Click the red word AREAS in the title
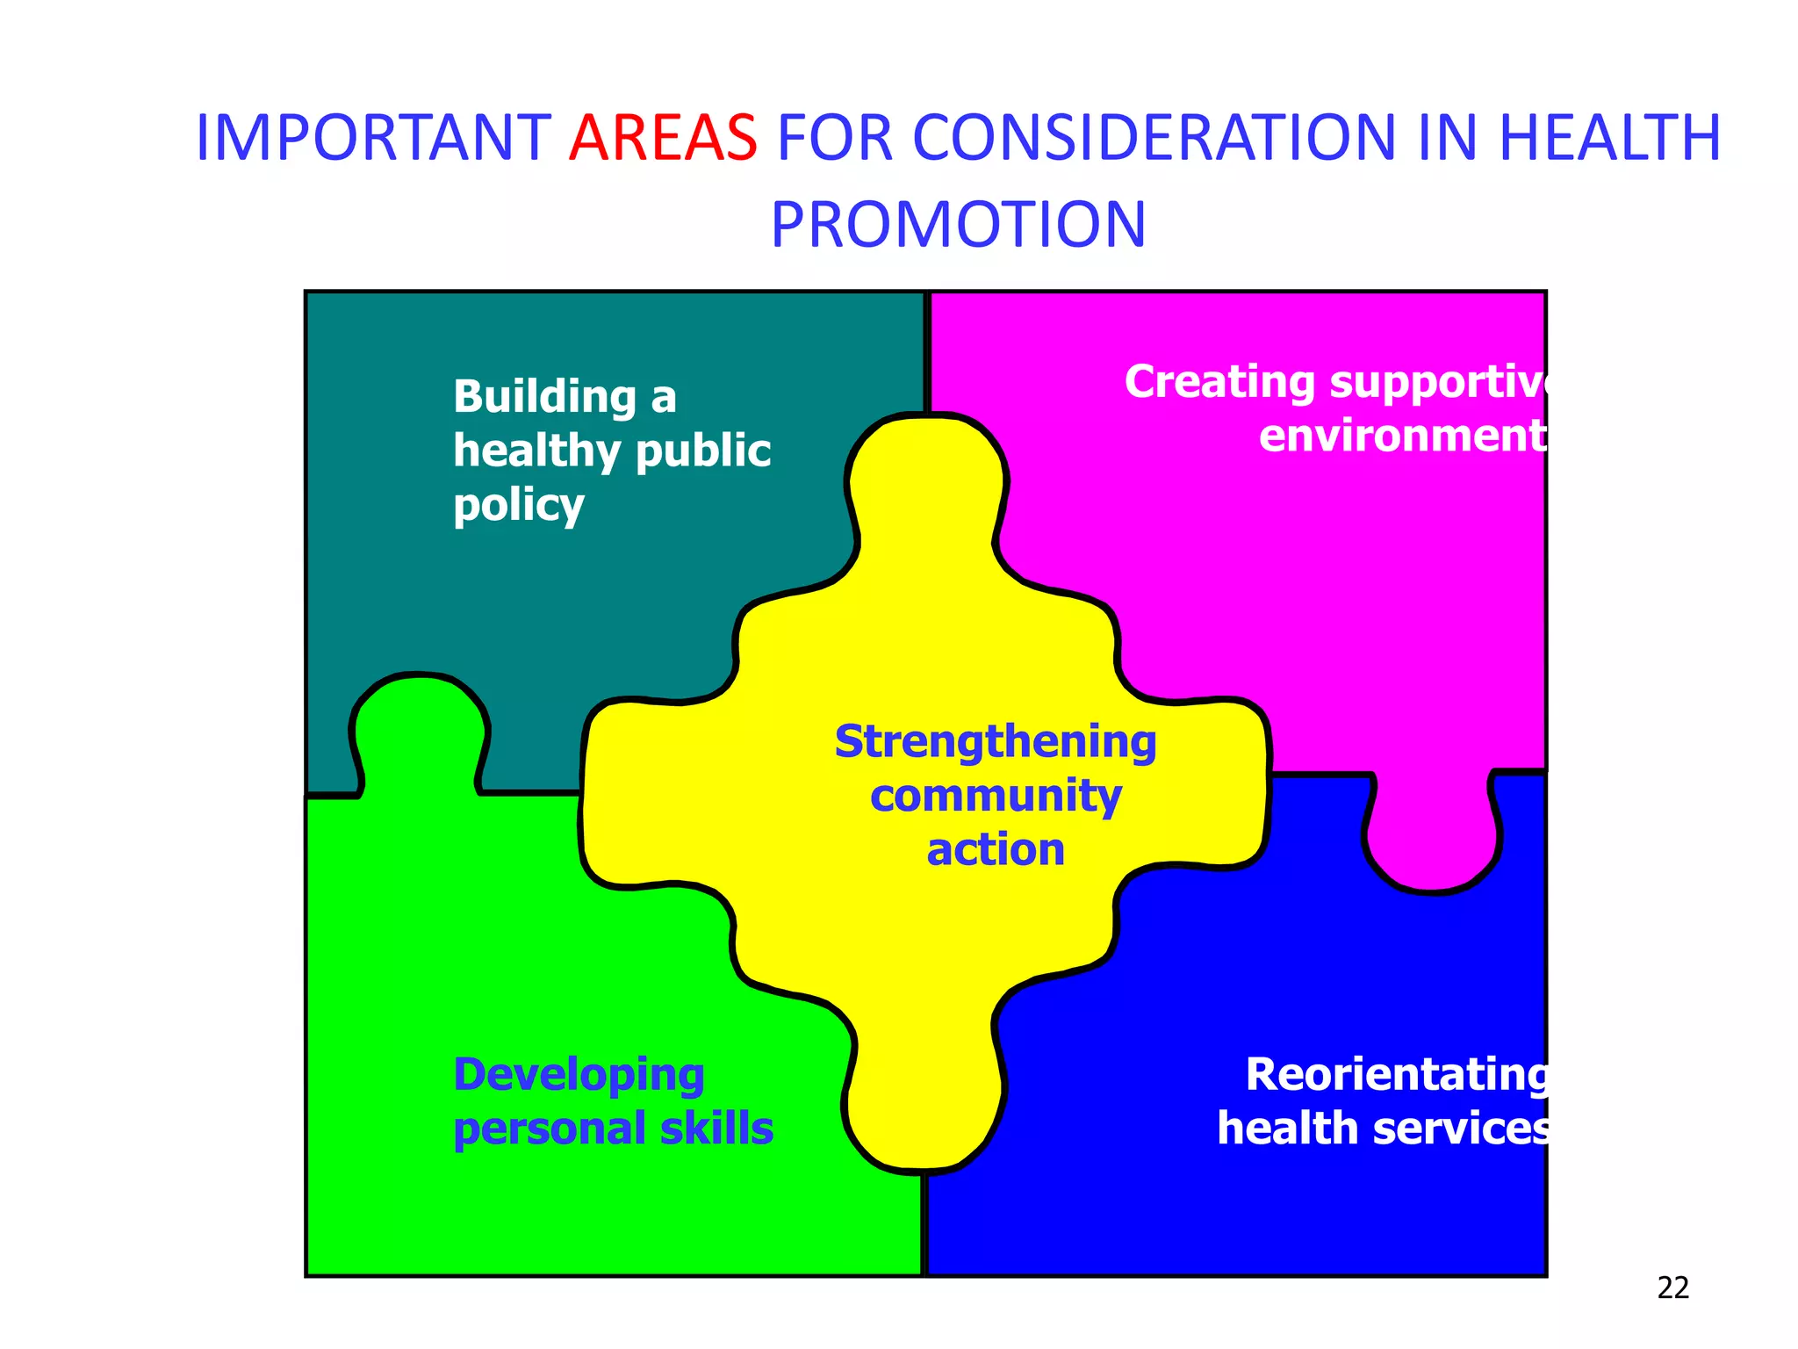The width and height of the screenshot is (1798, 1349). coord(663,138)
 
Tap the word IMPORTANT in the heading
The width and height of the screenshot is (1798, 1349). coord(372,138)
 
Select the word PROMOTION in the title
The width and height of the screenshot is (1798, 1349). coord(958,224)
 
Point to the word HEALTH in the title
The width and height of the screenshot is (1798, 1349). coord(1609,138)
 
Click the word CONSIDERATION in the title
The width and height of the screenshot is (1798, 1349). coord(1154,138)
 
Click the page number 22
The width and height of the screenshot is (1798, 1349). coord(1672,1288)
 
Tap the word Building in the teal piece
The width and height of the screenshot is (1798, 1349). coord(544,397)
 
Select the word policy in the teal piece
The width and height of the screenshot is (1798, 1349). coord(518,506)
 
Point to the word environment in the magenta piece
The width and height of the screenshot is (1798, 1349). coord(1402,436)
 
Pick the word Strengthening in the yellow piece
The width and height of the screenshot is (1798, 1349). coord(995,742)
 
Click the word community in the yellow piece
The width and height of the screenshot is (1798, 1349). coord(995,797)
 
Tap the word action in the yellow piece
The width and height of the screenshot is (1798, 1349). coord(995,850)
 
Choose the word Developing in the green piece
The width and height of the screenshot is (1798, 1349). coord(579,1076)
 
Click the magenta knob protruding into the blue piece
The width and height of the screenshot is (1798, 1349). coord(1432,843)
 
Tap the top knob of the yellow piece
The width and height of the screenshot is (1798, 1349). coord(926,474)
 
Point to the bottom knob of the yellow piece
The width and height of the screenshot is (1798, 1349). coord(924,1115)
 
